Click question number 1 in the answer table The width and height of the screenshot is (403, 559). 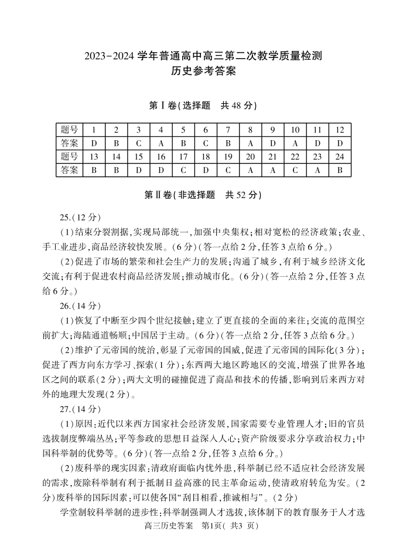pyautogui.click(x=94, y=130)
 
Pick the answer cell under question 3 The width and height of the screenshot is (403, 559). pyautogui.click(x=138, y=143)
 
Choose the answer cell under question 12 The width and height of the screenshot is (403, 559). pyautogui.click(x=340, y=143)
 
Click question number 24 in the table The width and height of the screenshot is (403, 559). pyautogui.click(x=340, y=157)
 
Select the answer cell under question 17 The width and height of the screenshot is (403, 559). pyautogui.click(x=183, y=170)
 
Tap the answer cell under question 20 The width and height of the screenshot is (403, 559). pyautogui.click(x=250, y=170)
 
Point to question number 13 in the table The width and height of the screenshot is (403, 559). pyautogui.click(x=94, y=157)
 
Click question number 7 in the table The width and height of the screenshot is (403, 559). pyautogui.click(x=228, y=130)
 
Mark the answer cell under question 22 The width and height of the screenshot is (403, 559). pyautogui.click(x=295, y=170)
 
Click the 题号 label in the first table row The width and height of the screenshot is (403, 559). pyautogui.click(x=70, y=130)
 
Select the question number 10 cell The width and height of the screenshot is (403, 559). pyautogui.click(x=295, y=130)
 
